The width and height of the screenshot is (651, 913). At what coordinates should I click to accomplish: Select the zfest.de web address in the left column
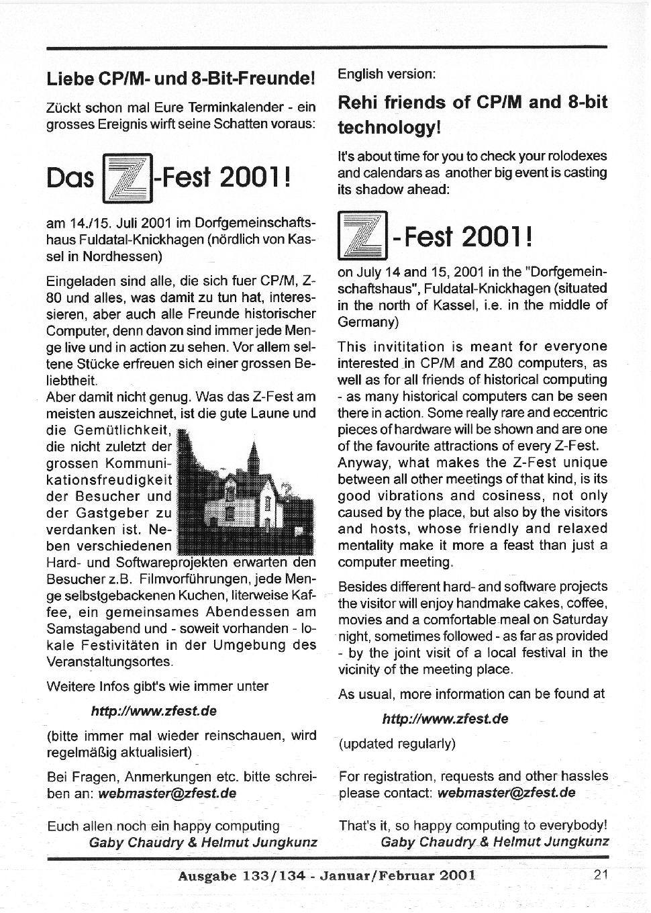(153, 710)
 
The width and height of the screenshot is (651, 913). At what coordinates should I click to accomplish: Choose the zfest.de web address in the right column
(444, 718)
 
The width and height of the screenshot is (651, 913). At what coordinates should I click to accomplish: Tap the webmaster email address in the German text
(167, 793)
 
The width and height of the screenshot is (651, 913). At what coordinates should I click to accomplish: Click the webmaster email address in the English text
(506, 792)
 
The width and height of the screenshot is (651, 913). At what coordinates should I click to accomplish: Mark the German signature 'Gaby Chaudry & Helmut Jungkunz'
(203, 843)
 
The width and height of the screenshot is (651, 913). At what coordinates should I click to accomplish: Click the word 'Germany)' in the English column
(368, 322)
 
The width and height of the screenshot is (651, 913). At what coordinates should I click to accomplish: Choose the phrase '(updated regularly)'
(397, 743)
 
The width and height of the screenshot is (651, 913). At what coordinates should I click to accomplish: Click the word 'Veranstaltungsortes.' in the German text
(109, 661)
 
